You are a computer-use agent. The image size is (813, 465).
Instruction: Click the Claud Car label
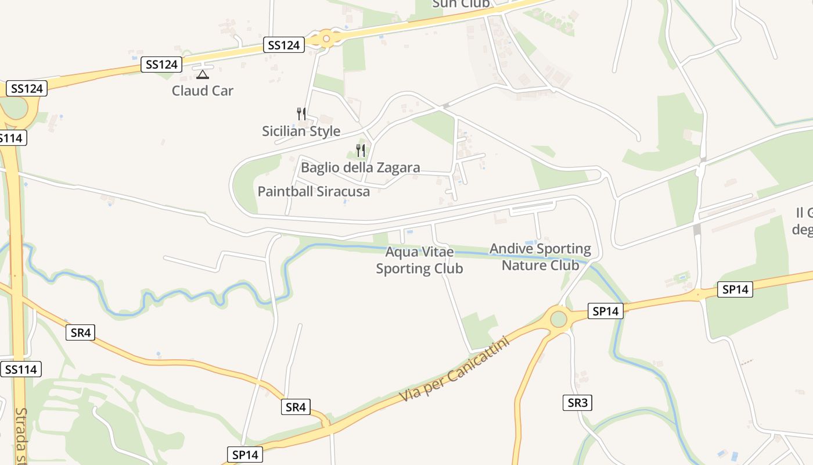[202, 91]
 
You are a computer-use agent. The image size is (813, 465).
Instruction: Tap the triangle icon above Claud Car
[202, 74]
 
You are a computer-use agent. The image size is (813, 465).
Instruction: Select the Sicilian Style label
[301, 131]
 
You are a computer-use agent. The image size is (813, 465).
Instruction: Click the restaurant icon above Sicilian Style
[301, 113]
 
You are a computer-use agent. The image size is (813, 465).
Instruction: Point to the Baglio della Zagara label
[360, 168]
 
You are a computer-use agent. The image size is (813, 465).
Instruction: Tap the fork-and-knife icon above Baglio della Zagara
[361, 151]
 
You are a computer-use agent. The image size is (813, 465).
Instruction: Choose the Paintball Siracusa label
[314, 191]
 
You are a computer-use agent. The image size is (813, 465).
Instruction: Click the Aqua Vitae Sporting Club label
[419, 260]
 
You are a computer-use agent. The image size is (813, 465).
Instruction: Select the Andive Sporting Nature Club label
[540, 257]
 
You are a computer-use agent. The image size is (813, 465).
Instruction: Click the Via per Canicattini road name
[454, 370]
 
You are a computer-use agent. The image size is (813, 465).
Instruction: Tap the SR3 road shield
[577, 403]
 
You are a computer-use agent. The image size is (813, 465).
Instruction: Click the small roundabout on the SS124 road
[326, 39]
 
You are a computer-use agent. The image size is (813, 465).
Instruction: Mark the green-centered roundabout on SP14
[558, 319]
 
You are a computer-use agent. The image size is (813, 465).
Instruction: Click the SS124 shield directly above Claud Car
[161, 64]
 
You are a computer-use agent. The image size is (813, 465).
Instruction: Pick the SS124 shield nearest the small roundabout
[283, 45]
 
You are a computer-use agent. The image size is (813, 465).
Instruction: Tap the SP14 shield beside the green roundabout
[605, 311]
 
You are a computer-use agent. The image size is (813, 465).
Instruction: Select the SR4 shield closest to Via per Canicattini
[296, 407]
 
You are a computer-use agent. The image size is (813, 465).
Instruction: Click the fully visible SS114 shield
[21, 369]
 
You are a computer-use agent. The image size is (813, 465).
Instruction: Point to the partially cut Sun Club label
[461, 4]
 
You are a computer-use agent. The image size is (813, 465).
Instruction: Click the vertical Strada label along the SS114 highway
[21, 436]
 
